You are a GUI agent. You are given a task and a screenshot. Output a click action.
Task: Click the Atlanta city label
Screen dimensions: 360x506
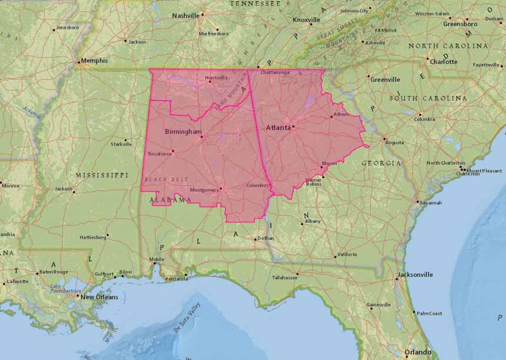click(278, 127)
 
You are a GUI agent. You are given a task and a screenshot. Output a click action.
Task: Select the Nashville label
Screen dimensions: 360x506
click(185, 15)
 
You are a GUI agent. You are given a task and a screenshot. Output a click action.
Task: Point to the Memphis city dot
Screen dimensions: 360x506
click(79, 61)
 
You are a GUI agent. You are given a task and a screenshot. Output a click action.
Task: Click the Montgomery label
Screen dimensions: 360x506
click(204, 190)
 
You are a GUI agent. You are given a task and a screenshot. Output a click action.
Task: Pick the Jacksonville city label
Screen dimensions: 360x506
click(415, 275)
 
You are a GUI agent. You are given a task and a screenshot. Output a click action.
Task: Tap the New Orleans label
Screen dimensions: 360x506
click(99, 297)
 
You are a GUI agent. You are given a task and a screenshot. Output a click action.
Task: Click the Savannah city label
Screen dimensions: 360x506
click(430, 203)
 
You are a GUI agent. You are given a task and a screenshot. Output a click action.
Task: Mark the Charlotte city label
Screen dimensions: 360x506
click(443, 62)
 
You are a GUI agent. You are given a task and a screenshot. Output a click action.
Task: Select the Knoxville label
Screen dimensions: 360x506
click(307, 20)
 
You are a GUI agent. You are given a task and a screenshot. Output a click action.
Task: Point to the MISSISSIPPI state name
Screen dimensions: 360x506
click(102, 175)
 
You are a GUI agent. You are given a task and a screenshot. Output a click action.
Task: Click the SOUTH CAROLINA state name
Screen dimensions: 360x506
click(428, 98)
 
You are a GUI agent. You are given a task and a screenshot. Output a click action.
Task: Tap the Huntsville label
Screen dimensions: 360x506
click(216, 78)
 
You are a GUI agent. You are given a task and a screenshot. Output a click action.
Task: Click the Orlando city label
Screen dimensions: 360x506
click(417, 352)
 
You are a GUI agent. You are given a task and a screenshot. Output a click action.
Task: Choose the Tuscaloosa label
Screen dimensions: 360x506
click(159, 154)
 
